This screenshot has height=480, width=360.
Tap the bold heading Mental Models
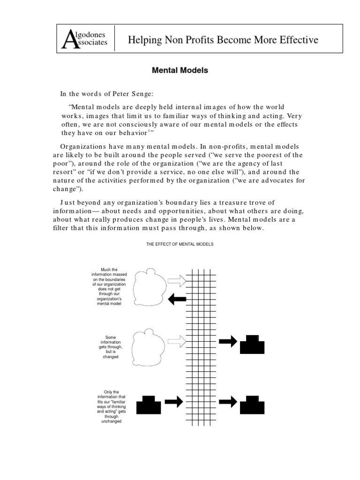(x=180, y=71)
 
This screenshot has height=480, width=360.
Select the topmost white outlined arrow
(x=177, y=281)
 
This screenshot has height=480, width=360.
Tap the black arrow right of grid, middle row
(x=228, y=341)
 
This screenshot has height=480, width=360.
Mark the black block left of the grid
(x=149, y=405)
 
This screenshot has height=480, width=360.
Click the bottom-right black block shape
(x=252, y=405)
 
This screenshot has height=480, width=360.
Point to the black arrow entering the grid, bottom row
(x=173, y=402)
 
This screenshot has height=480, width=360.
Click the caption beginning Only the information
(x=111, y=406)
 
